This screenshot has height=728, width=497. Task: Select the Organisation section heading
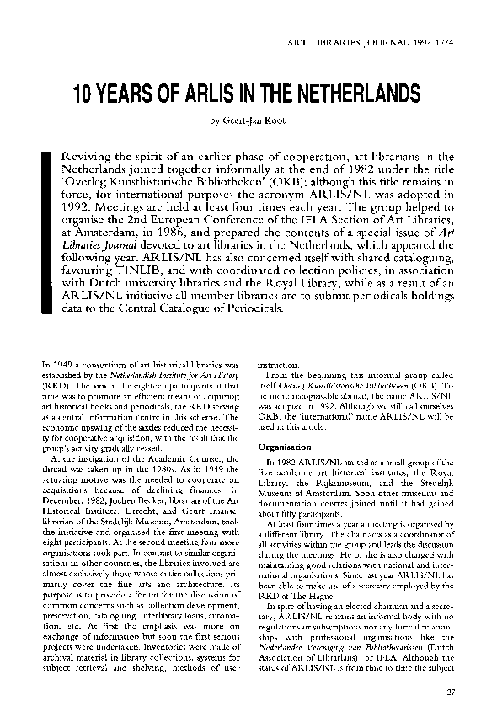(x=286, y=447)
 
